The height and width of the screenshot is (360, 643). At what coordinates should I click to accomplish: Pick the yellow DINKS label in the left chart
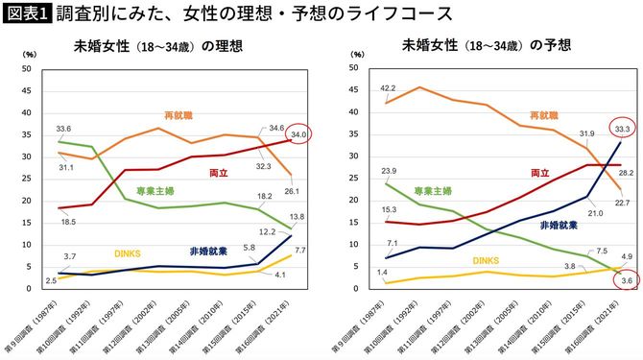(128, 253)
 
